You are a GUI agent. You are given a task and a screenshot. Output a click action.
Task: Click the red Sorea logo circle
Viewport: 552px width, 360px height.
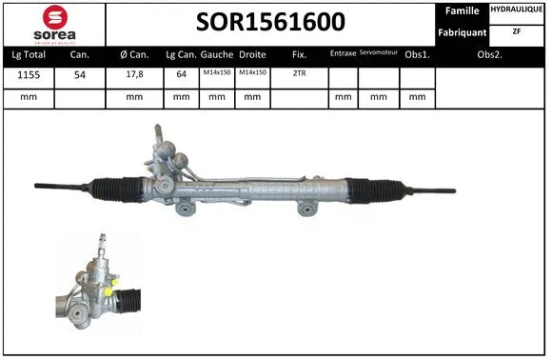click(55, 17)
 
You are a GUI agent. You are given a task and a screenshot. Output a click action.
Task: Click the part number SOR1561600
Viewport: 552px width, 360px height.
click(270, 22)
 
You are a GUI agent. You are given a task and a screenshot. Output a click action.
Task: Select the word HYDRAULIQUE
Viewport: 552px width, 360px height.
click(517, 10)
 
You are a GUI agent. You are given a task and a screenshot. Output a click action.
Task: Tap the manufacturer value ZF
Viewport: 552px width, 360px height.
click(517, 31)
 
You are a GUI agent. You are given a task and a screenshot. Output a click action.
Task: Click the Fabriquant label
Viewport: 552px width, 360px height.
click(463, 32)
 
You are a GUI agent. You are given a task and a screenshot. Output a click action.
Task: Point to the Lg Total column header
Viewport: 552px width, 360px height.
click(29, 55)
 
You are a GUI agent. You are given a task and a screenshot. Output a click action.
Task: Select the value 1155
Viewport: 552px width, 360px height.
click(29, 74)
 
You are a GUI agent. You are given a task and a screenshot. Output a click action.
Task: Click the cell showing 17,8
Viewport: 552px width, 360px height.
click(134, 74)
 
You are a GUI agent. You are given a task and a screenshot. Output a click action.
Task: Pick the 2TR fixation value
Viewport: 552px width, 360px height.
click(299, 73)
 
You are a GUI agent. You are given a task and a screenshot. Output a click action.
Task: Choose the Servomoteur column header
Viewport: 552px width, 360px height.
click(379, 52)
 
